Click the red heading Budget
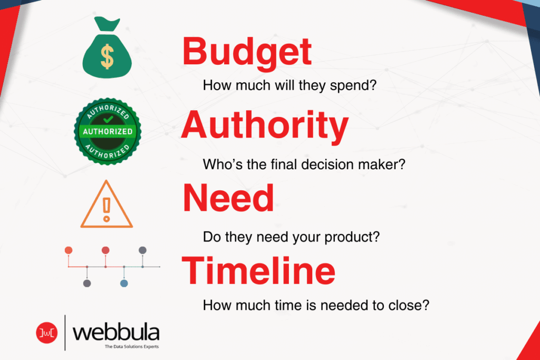[247, 53]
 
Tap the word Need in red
[228, 198]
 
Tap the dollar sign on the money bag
[107, 57]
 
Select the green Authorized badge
[107, 130]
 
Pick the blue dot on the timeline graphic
[124, 283]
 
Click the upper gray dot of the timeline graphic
[142, 249]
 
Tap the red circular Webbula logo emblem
[46, 332]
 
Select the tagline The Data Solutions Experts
[132, 346]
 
